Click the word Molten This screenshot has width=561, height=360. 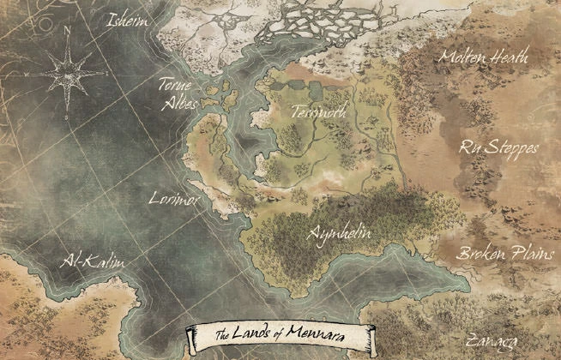pos(464,57)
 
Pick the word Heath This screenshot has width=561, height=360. pos(510,57)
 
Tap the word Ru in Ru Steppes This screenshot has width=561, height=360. pos(469,147)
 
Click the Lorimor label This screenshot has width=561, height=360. pos(169,197)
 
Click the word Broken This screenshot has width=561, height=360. pos(480,255)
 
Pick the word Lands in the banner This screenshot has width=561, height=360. pos(251,334)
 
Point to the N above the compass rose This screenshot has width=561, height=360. pos(67,27)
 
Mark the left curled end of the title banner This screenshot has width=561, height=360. pos(190,336)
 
